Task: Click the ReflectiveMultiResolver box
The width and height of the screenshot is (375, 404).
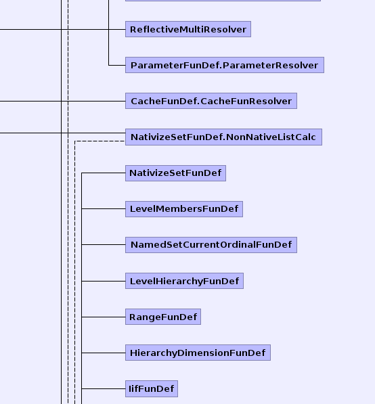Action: tap(188, 29)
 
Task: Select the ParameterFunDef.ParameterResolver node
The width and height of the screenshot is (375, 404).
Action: tap(225, 65)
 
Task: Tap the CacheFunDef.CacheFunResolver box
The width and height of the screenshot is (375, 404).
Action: tap(211, 101)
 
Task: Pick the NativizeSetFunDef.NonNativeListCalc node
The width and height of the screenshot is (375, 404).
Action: tap(223, 137)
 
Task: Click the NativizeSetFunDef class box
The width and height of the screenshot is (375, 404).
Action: tap(175, 173)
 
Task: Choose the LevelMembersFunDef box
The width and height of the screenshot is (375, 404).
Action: tap(184, 208)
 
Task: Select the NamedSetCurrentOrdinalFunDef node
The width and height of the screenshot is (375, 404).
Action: tap(211, 244)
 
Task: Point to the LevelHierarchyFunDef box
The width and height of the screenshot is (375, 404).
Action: tap(184, 281)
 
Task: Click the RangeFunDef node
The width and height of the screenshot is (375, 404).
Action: tap(163, 317)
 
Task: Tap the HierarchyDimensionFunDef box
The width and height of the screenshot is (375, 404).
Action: tap(198, 353)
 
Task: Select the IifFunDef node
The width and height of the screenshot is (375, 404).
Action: tap(152, 388)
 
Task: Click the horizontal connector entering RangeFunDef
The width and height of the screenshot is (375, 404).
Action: tap(104, 317)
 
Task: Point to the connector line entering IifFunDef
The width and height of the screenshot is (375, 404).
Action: tap(104, 388)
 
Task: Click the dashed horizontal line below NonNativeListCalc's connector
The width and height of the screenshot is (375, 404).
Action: tap(100, 141)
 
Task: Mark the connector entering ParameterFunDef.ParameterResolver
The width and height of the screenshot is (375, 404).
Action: tap(117, 65)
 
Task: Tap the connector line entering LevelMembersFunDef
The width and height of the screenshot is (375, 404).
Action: tap(104, 208)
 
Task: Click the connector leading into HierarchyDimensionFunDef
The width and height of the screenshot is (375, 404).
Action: tap(104, 353)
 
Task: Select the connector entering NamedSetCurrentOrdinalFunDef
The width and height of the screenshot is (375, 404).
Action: tap(104, 244)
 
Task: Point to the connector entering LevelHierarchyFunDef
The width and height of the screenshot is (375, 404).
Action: tap(104, 281)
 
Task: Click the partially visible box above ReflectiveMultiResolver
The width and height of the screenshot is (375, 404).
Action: tap(223, 1)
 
